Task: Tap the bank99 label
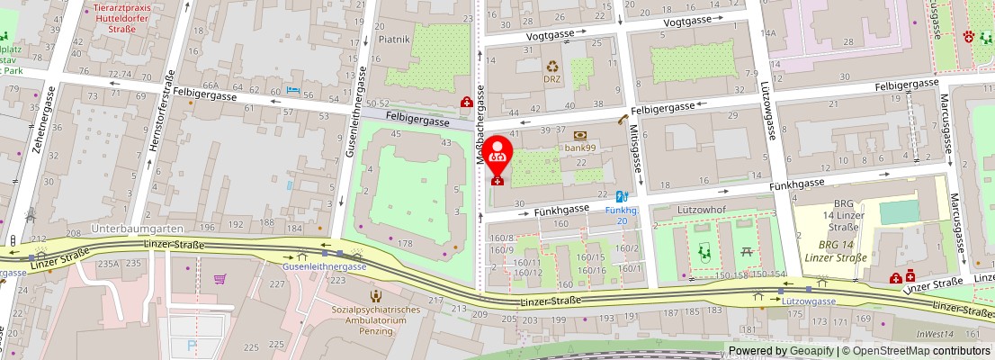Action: pos(580,147)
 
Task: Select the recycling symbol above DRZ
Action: pos(551,66)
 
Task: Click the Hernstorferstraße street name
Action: pos(164,117)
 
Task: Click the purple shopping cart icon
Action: pos(220,279)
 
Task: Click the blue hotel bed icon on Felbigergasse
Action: pos(291,89)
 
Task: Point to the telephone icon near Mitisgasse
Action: pos(622,120)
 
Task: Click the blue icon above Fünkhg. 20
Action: pos(621,196)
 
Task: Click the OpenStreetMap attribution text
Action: pos(916,350)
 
